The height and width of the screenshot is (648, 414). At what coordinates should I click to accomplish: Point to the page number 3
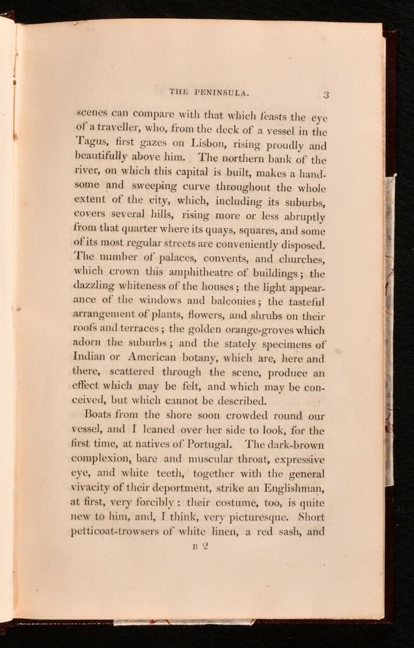coord(327,95)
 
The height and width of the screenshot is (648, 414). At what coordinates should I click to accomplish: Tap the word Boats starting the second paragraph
coord(101,415)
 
